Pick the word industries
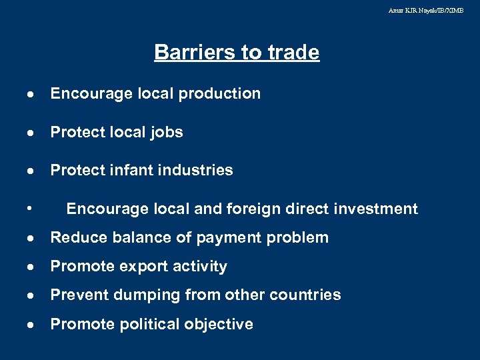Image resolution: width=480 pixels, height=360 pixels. [x=199, y=171]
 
